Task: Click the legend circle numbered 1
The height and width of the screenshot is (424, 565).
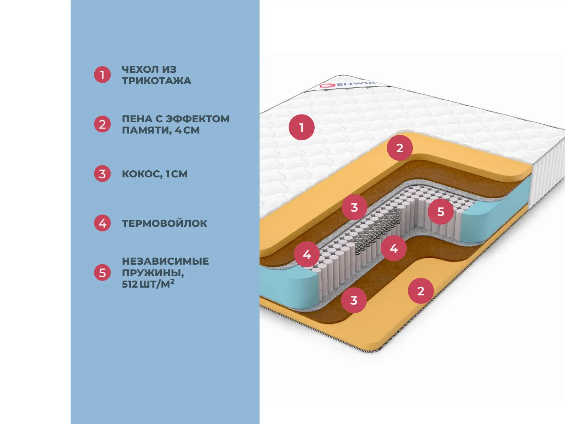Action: click(102, 75)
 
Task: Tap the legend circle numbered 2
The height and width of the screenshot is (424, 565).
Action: click(102, 124)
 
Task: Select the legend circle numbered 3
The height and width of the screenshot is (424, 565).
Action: click(102, 174)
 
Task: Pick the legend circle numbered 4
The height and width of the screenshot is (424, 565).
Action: click(102, 223)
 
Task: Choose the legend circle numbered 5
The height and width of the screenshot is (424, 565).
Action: click(102, 273)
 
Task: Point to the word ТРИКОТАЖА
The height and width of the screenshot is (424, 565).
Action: click(156, 81)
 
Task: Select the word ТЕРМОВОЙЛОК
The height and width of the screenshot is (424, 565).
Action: click(165, 223)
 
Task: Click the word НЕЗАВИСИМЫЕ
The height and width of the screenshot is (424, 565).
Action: click(165, 261)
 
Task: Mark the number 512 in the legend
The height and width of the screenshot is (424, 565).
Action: click(130, 284)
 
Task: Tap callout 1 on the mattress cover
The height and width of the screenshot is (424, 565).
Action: click(302, 127)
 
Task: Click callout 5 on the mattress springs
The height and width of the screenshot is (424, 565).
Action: click(441, 211)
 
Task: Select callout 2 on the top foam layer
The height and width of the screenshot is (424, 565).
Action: click(400, 148)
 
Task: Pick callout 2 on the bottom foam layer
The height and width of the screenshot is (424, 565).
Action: click(421, 291)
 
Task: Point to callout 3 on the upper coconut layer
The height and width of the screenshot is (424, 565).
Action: click(354, 207)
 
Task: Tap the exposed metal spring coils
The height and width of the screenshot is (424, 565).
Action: click(374, 233)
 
